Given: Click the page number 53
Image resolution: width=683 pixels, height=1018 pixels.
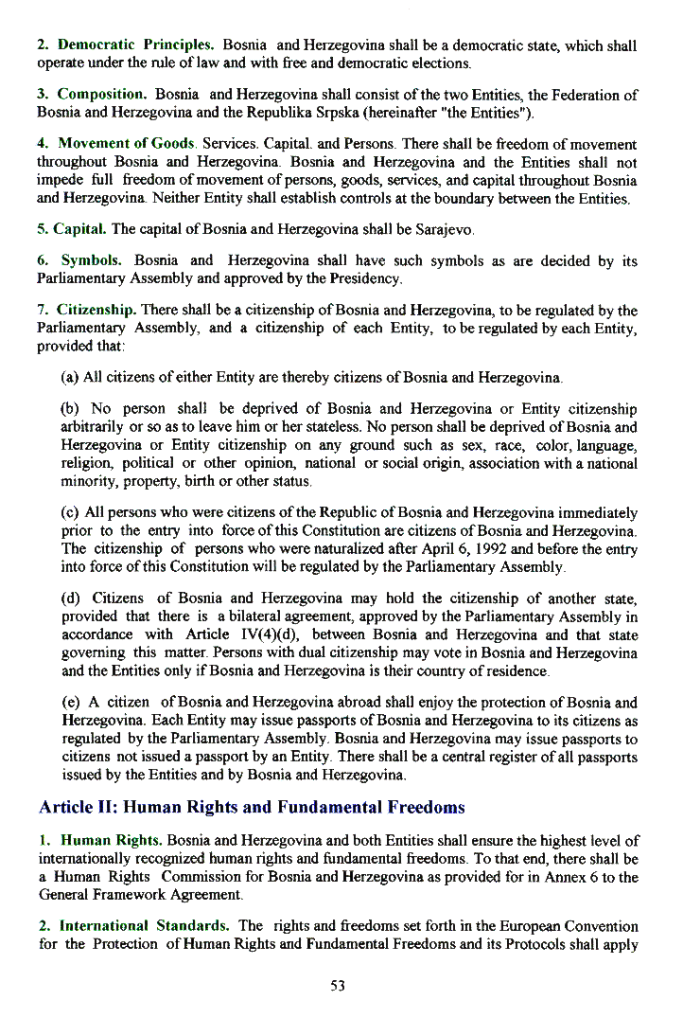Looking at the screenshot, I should (338, 986).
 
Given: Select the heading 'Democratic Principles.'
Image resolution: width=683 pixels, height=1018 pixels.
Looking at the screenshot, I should (136, 45).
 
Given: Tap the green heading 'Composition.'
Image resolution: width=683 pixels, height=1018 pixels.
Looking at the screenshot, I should (102, 95).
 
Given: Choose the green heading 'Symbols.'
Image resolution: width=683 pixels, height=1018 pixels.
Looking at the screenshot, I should (92, 260).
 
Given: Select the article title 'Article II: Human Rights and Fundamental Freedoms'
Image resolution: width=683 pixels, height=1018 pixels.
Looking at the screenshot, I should (252, 808).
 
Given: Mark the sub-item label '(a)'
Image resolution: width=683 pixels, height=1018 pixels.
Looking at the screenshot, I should (69, 378).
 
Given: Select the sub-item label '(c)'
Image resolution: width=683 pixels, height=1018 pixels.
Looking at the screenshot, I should (69, 513).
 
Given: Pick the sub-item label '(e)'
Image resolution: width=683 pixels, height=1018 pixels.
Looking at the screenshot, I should (69, 703).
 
